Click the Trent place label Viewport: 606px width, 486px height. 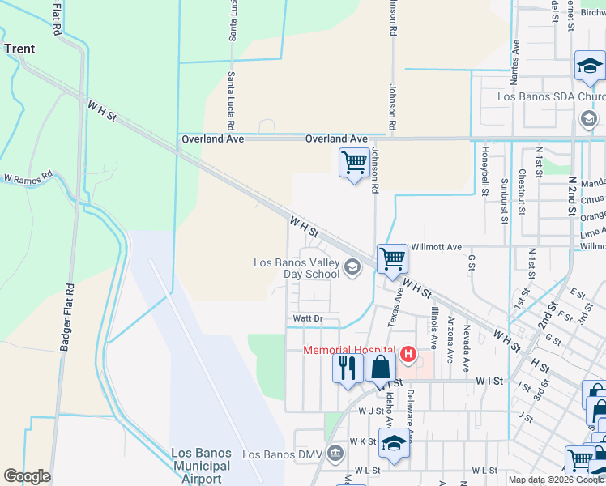(x=19, y=49)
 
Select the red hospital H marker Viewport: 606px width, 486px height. (x=408, y=355)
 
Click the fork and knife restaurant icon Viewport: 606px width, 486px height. (x=348, y=368)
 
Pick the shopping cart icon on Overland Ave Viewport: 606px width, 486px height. (x=354, y=163)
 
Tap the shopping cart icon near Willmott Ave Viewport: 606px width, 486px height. (x=392, y=260)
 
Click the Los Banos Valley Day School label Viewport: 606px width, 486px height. (x=296, y=268)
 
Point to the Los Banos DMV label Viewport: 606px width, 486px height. (x=277, y=454)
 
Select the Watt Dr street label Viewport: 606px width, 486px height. (x=308, y=319)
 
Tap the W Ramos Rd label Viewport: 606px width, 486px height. (x=28, y=176)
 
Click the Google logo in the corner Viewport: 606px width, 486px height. (x=27, y=476)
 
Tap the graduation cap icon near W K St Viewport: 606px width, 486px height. (x=394, y=444)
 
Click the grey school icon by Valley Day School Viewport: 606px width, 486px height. (x=352, y=266)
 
